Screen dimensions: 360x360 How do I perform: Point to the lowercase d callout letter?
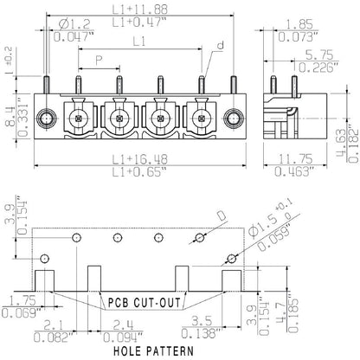[220, 45]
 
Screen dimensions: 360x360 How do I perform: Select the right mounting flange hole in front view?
[231, 118]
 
